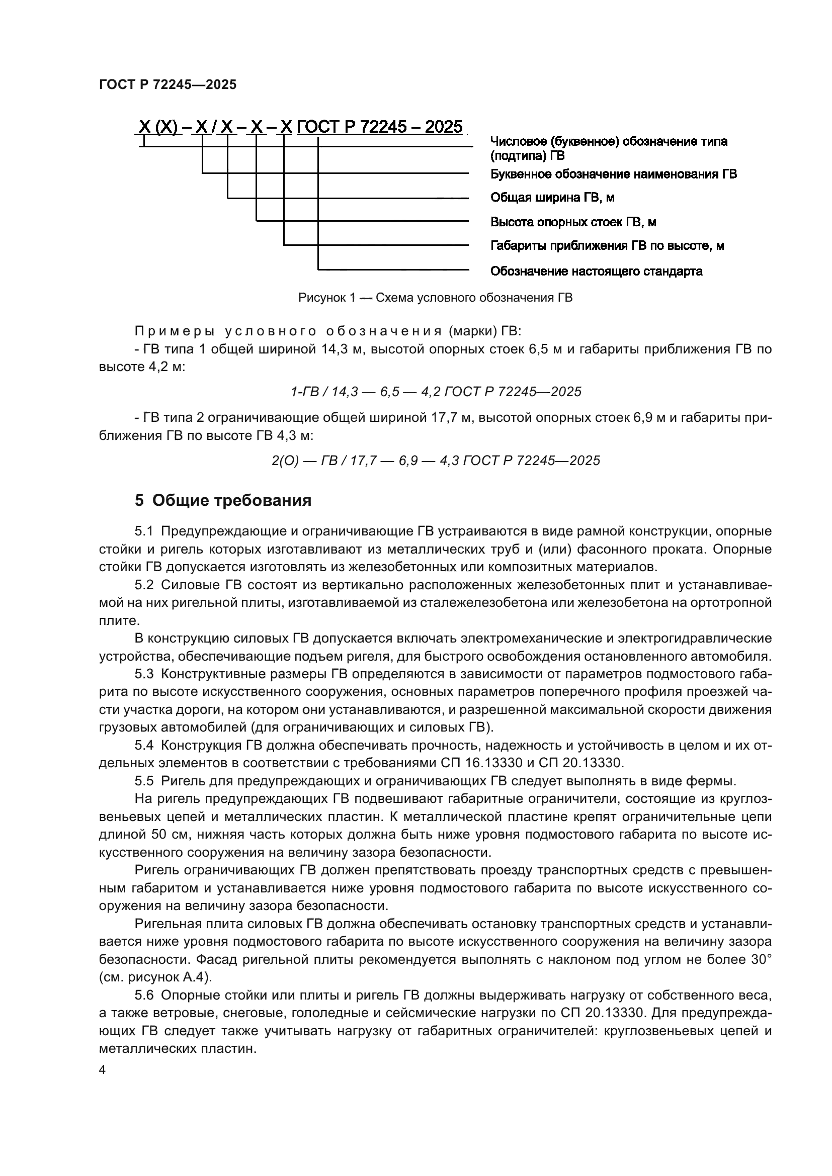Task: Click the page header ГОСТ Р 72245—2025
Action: [168, 85]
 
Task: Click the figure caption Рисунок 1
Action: [435, 298]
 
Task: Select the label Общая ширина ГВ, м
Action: [552, 198]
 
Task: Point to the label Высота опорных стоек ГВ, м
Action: [573, 222]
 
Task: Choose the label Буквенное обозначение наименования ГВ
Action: [613, 174]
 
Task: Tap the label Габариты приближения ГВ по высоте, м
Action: [607, 246]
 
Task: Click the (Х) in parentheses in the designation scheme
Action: [166, 127]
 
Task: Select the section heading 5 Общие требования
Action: [223, 500]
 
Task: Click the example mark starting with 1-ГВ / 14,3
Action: [436, 392]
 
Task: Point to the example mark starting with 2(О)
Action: [436, 461]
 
